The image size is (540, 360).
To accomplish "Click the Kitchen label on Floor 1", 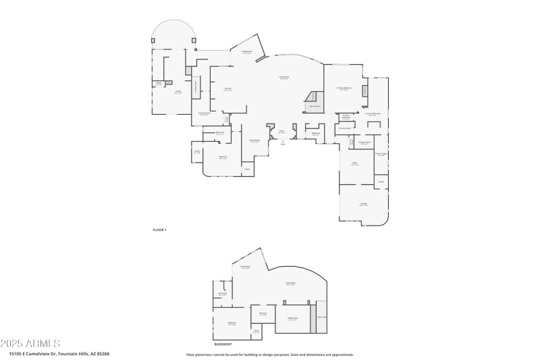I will pos(228,89).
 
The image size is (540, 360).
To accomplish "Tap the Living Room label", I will pos(284,78).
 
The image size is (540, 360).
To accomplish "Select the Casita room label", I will pos(178,92).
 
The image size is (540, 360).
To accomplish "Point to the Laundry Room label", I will pos(204,114).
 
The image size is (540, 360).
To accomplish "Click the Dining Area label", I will pos(247,52).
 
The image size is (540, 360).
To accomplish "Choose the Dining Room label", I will pos(254,141).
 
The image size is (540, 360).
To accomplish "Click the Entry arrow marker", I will pos(283,143).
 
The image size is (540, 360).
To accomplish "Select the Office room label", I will pos(354,163).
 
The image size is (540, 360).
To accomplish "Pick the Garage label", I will pos(363,204).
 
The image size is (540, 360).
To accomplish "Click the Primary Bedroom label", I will pos(344,88).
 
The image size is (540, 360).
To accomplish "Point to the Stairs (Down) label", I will pos(315,106).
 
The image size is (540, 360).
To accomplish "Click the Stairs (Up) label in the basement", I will pos(322,317).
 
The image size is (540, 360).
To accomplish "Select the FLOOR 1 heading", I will pos(159,230).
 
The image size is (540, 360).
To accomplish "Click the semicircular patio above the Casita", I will pos(173,32).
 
